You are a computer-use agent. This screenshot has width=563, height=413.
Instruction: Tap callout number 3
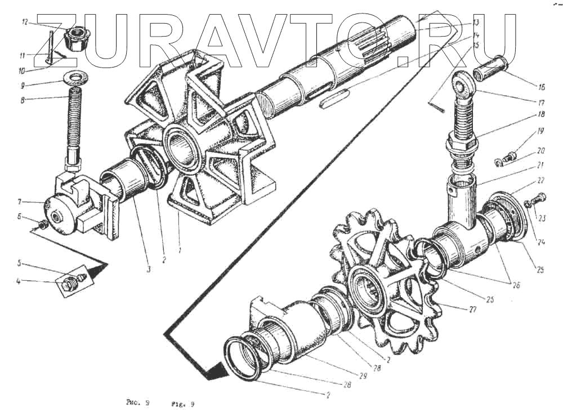(x=148, y=270)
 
